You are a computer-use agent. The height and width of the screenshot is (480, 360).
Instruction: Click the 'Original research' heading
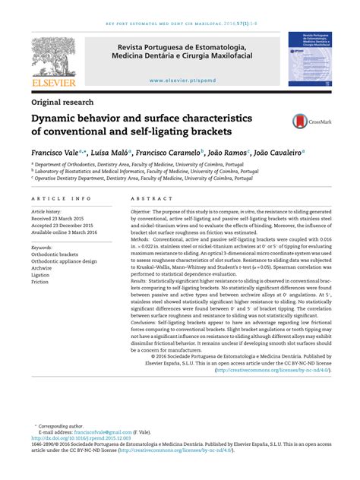click(62, 102)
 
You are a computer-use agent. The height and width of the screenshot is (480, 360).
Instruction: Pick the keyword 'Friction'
click(41, 283)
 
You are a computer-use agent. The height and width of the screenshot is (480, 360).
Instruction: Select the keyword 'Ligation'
click(42, 275)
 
